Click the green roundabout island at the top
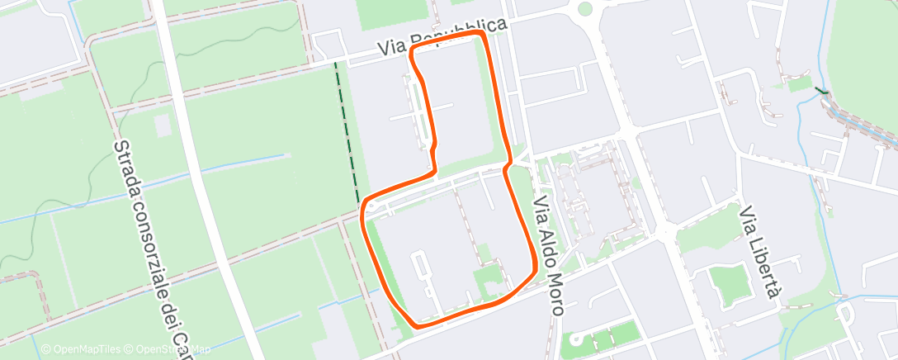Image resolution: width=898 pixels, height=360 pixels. (x=585, y=10)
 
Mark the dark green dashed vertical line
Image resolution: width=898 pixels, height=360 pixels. (x=347, y=132)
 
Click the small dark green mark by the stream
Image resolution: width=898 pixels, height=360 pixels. (x=820, y=92)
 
